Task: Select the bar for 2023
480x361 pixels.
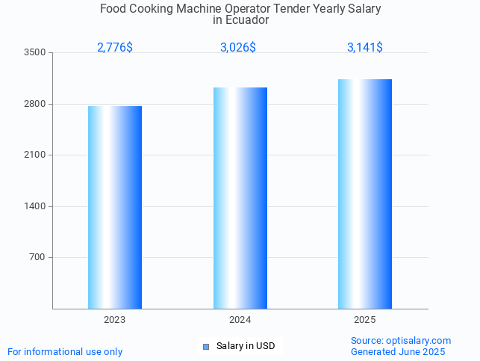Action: pyautogui.click(x=115, y=207)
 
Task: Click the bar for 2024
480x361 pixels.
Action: pyautogui.click(x=240, y=198)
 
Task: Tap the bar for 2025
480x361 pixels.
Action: pyautogui.click(x=364, y=194)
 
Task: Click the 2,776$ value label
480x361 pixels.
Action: pyautogui.click(x=115, y=48)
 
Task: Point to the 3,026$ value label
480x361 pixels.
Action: pyautogui.click(x=238, y=48)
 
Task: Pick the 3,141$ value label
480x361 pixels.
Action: pyautogui.click(x=365, y=48)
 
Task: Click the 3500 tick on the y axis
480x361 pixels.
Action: pyautogui.click(x=35, y=53)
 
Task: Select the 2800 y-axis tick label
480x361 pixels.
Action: pyautogui.click(x=35, y=104)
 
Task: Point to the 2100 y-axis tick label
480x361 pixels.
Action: pyautogui.click(x=35, y=155)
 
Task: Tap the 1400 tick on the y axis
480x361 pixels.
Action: pyautogui.click(x=35, y=206)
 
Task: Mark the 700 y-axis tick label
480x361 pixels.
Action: pyautogui.click(x=37, y=258)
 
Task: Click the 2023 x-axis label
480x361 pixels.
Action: pyautogui.click(x=115, y=320)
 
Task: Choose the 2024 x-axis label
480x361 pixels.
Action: pyautogui.click(x=240, y=320)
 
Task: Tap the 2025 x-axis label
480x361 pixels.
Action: pyautogui.click(x=364, y=320)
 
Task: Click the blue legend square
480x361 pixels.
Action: pyautogui.click(x=206, y=346)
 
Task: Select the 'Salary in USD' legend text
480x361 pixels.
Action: pyautogui.click(x=246, y=346)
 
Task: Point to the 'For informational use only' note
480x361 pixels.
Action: pyautogui.click(x=65, y=351)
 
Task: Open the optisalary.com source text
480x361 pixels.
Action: pyautogui.click(x=401, y=341)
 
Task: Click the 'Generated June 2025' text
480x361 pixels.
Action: pyautogui.click(x=398, y=351)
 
